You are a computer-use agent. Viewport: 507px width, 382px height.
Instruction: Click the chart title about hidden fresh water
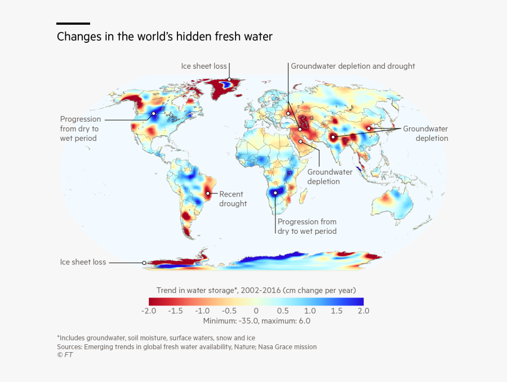point(164,37)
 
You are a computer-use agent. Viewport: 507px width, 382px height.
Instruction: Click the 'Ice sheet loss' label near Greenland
point(203,66)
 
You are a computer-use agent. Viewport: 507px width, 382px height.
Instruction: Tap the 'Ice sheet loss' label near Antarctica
point(83,262)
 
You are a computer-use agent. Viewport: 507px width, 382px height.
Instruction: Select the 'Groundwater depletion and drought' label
point(353,66)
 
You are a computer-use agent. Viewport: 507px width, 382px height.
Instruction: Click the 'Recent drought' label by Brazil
point(233,199)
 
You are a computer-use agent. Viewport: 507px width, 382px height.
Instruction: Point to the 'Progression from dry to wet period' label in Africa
point(306,226)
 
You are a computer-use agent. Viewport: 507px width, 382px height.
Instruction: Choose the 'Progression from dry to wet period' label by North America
point(80,128)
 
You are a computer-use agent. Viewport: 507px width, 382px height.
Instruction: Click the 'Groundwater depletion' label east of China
point(425,134)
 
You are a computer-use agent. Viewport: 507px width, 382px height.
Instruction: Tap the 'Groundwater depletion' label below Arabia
point(330,176)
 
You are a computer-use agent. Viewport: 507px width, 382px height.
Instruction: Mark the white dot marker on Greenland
point(229,80)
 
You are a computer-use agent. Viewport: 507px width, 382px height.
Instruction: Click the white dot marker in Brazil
point(208,193)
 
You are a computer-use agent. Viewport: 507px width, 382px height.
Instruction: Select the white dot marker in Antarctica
point(144,263)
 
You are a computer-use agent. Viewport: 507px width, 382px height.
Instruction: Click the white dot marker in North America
point(153,113)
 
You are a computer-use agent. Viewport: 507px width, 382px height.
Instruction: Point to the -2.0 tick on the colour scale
point(148,310)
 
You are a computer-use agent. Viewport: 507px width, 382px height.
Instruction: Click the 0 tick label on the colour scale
point(256,310)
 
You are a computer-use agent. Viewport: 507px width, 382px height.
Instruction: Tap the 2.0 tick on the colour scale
point(363,310)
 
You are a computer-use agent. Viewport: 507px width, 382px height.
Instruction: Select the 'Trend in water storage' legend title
point(256,290)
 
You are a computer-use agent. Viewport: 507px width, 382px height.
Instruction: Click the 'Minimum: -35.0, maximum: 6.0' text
point(256,321)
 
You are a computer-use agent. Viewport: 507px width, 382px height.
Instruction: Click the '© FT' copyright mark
point(65,355)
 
